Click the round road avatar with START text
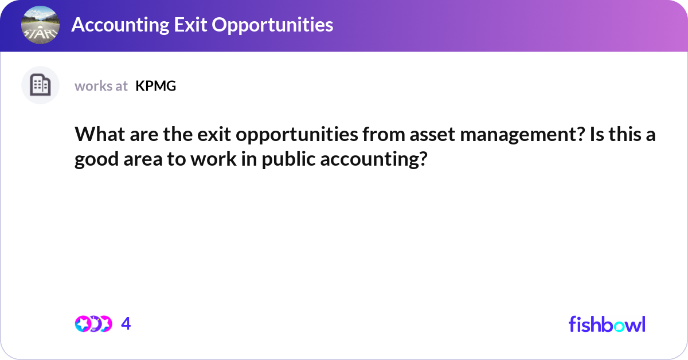tap(41, 25)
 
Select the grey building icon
tap(40, 85)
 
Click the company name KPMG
tap(155, 86)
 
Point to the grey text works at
tap(101, 86)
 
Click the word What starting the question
tap(97, 136)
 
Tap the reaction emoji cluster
tap(93, 324)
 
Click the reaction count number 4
tap(126, 324)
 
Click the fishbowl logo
tap(607, 324)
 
